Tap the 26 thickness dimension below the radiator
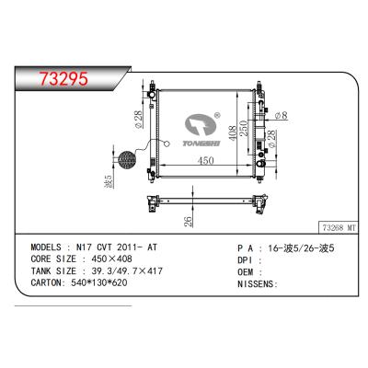coord(188,222)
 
